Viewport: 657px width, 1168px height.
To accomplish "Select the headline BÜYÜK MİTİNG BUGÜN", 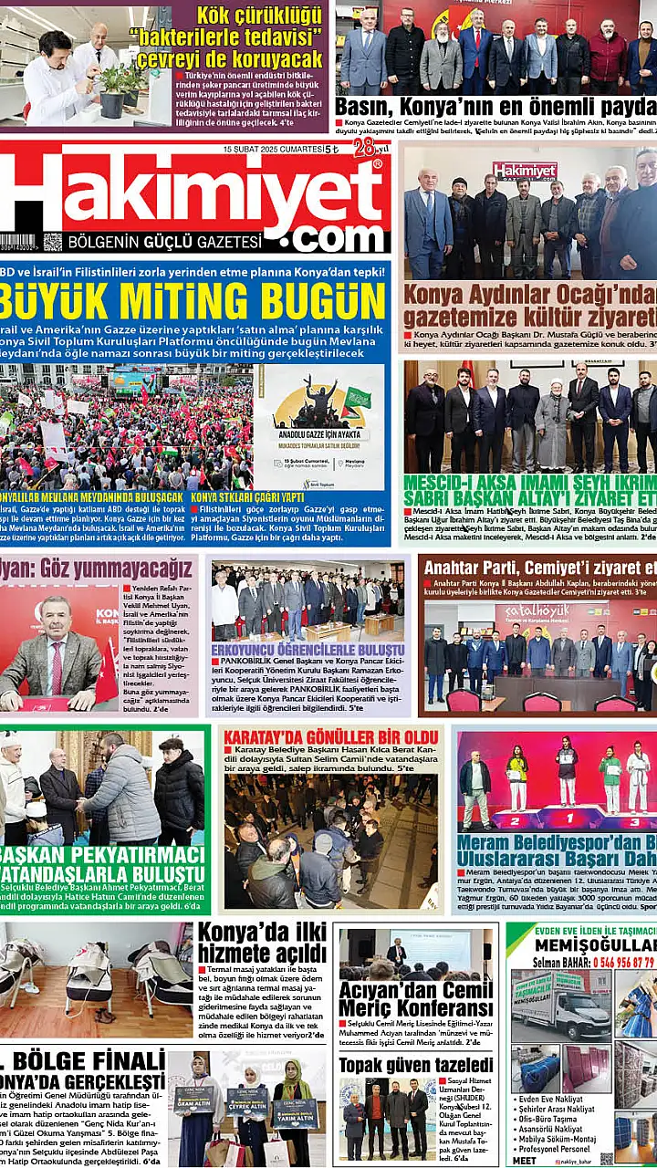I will pos(192,300).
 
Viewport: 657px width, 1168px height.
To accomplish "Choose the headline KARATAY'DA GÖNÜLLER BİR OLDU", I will pos(331,735).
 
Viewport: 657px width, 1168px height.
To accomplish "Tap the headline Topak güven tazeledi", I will pos(416,1065).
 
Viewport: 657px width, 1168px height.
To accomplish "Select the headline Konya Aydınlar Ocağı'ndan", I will pos(529,306).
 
